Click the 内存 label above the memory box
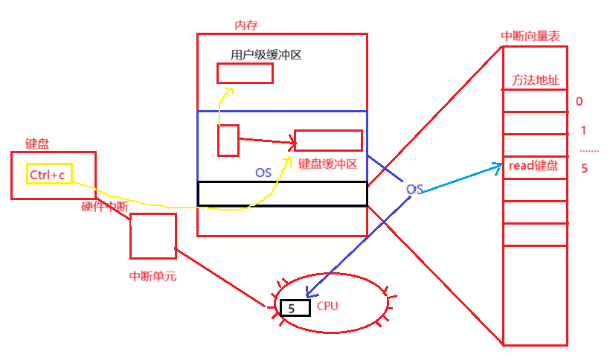click(246, 25)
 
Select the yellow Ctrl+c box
click(49, 174)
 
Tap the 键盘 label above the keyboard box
click(37, 144)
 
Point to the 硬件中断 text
click(105, 207)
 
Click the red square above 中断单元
click(153, 236)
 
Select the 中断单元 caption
click(152, 277)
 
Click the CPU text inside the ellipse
click(328, 306)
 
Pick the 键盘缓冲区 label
click(328, 164)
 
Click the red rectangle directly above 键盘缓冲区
click(328, 141)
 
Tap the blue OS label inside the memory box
click(263, 173)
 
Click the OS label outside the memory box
click(414, 190)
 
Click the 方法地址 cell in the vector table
click(536, 80)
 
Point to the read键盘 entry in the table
click(533, 166)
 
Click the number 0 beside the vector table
click(579, 102)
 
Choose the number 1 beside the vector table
click(583, 131)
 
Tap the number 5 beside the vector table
click(584, 168)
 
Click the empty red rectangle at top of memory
click(245, 73)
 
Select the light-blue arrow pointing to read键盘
click(461, 179)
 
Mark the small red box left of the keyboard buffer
click(228, 141)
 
